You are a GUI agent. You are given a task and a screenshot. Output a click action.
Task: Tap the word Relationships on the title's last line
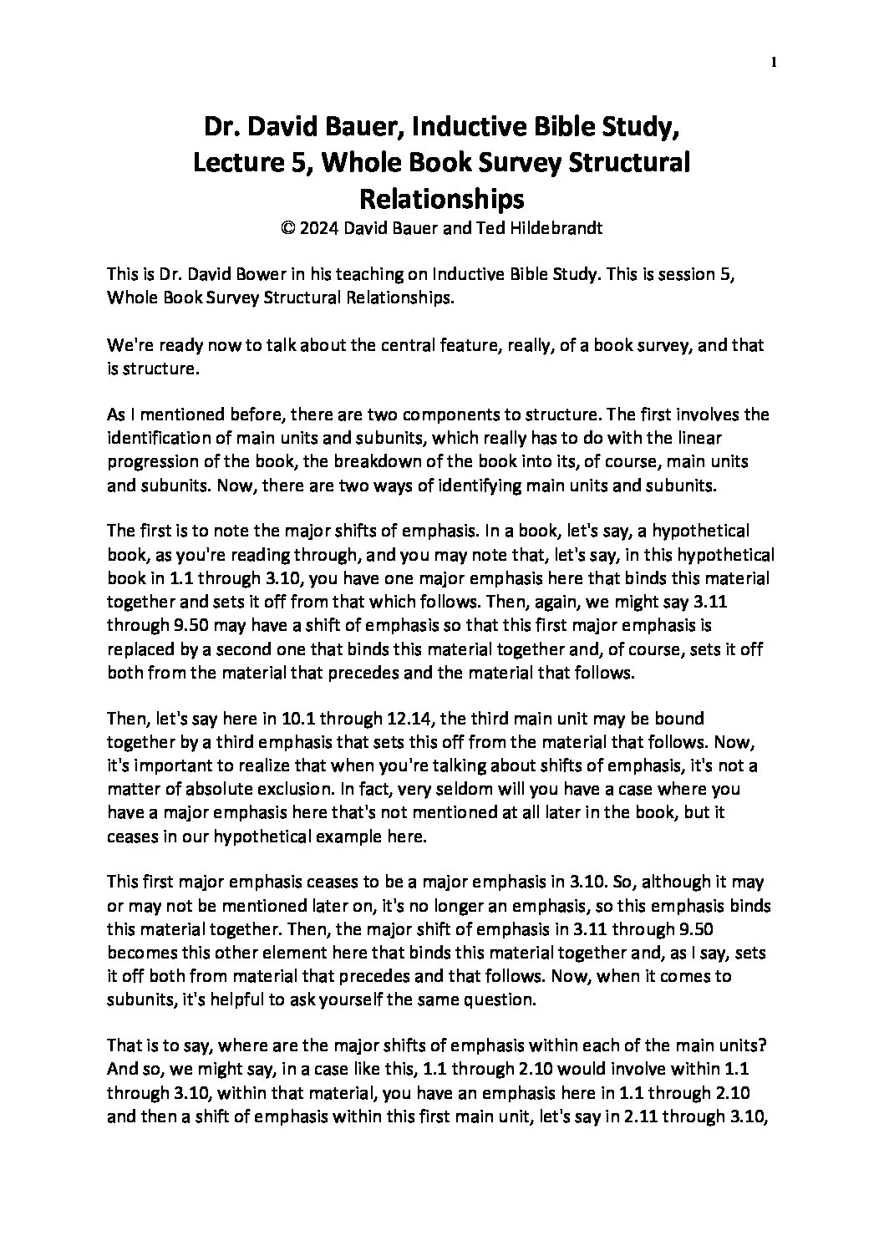click(441, 199)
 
